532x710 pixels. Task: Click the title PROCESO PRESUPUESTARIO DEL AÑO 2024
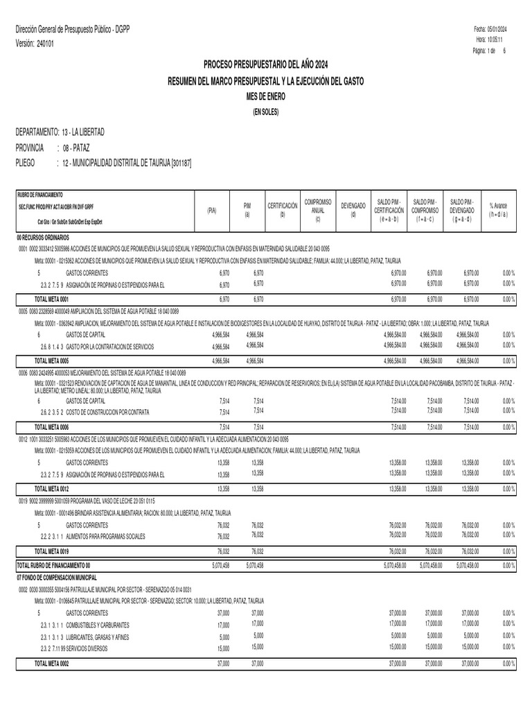[265, 64]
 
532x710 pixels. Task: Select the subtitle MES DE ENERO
[265, 97]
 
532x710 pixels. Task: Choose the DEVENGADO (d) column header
[353, 210]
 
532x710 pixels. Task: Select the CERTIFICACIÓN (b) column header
[282, 210]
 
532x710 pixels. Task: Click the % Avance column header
[498, 210]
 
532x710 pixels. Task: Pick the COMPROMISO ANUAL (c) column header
[318, 210]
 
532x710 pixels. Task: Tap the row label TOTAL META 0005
[52, 361]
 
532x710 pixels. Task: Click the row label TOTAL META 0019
[52, 551]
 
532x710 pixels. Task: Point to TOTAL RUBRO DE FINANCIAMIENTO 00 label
[53, 565]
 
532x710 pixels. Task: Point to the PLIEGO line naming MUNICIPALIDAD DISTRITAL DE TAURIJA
[122, 162]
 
